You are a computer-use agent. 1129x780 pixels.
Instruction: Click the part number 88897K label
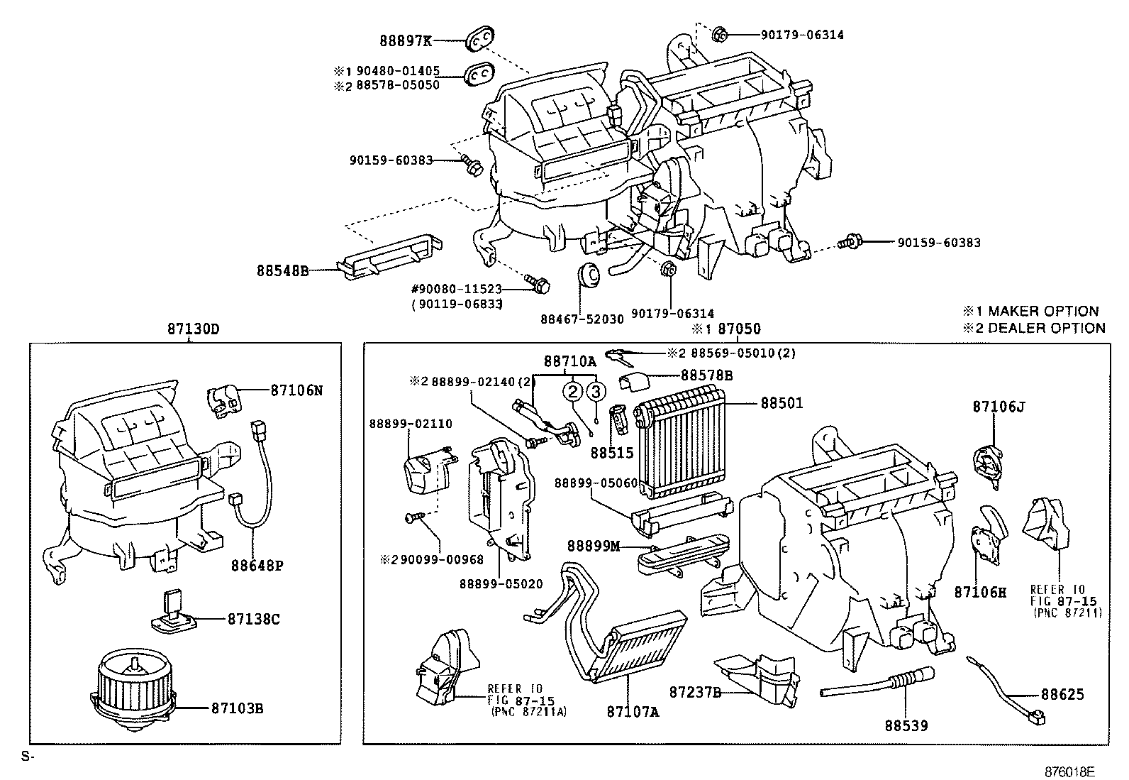[405, 41]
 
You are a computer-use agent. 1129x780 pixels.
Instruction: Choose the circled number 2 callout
[573, 392]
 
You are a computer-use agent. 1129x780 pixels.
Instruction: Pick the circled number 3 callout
[596, 392]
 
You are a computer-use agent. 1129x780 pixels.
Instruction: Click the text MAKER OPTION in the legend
[1042, 311]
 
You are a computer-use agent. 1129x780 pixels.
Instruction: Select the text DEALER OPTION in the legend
[1046, 328]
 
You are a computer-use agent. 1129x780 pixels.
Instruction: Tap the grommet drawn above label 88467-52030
[589, 275]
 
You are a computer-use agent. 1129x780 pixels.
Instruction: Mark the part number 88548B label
[282, 270]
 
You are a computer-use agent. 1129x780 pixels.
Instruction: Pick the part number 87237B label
[695, 691]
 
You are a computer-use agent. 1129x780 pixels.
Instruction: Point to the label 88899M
[593, 546]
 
